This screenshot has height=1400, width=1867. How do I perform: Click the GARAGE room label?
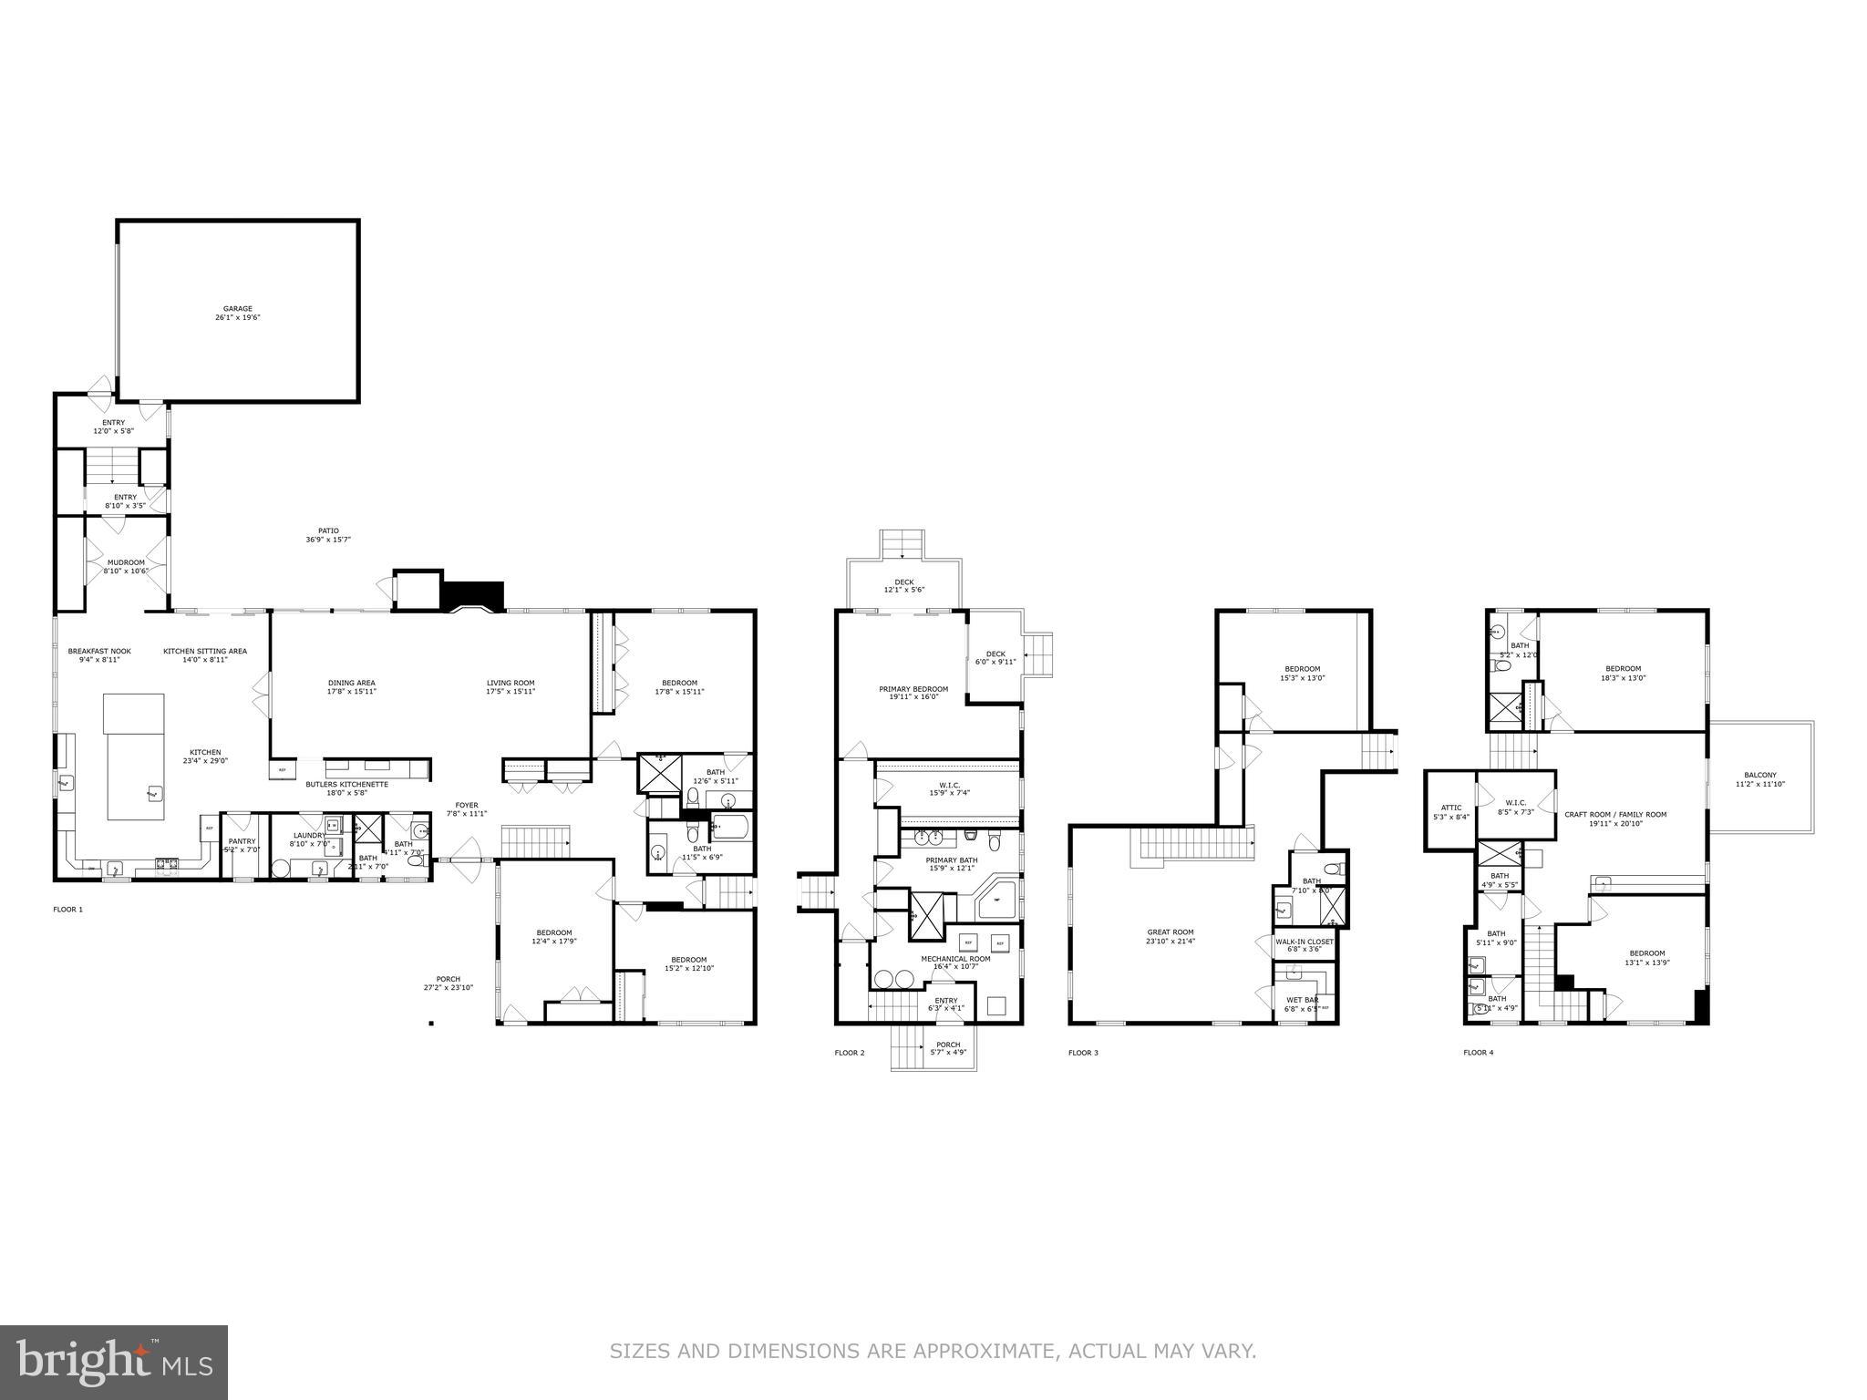click(238, 309)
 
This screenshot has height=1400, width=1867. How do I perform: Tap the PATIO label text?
click(328, 530)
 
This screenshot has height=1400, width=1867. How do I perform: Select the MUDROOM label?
click(126, 562)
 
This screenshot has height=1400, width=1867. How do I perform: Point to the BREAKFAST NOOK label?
click(99, 651)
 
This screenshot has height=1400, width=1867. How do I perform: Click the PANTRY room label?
click(242, 841)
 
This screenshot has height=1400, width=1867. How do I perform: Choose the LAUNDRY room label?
click(309, 835)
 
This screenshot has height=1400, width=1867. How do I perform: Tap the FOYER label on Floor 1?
click(467, 805)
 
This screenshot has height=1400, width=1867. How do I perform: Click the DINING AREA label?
click(351, 683)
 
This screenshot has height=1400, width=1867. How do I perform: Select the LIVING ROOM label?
click(511, 683)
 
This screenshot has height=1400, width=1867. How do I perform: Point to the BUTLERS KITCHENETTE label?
click(346, 784)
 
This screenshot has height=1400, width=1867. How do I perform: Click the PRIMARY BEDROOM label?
click(913, 689)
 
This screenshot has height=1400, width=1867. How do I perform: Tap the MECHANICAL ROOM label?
click(954, 958)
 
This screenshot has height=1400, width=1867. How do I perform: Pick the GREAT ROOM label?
click(1171, 932)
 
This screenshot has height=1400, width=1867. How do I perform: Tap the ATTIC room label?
click(1450, 808)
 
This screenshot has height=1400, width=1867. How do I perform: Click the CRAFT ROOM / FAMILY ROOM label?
click(1614, 815)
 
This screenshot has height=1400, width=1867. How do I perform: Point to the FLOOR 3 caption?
click(1083, 1053)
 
